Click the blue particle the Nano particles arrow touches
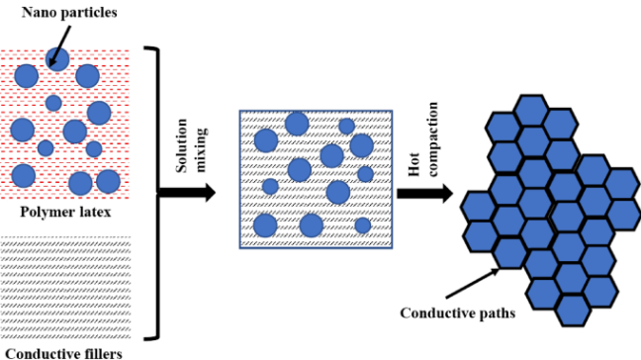[x=56, y=59]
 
